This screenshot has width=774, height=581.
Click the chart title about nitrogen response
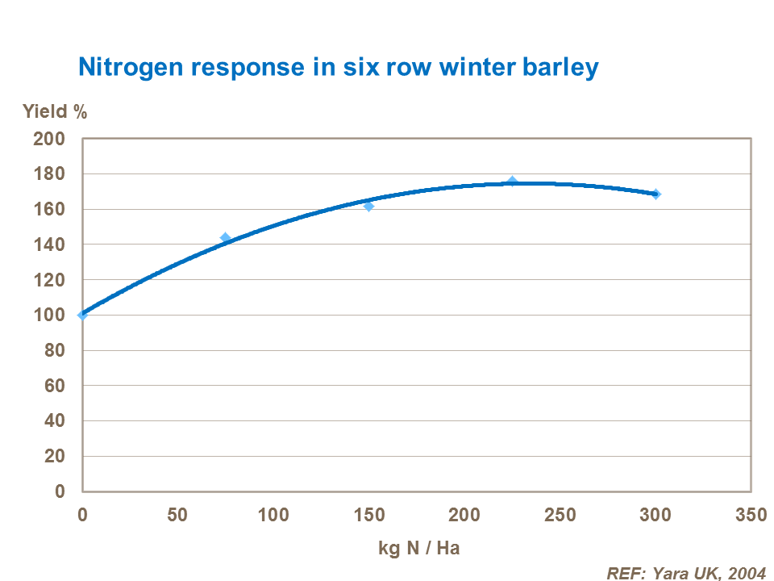338,67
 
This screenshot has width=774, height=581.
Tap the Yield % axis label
54,112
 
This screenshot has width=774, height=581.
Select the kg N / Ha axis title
418,548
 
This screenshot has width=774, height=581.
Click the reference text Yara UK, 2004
685,572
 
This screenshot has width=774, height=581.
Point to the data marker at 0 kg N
82,315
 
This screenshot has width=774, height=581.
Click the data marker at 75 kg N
226,238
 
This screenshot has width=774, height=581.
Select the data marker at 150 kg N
369,206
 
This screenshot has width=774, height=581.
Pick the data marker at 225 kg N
512,182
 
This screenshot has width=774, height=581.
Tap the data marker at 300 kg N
655,194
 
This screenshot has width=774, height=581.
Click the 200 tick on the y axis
48,139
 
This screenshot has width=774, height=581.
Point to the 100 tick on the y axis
48,315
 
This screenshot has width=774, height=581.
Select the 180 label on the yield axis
48,174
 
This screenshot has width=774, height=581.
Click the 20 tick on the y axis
53,456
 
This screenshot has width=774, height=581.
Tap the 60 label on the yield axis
53,386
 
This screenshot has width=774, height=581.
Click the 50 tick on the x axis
177,515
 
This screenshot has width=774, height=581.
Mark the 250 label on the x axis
560,515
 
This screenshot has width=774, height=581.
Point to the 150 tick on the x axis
368,515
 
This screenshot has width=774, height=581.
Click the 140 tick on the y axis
48,245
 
